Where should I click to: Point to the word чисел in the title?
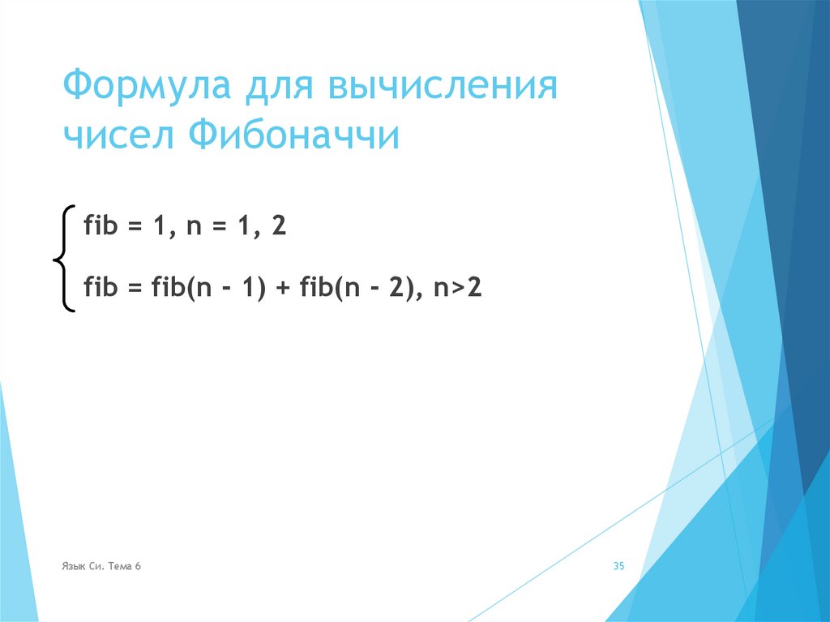[x=119, y=136]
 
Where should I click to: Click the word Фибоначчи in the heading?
[x=295, y=136]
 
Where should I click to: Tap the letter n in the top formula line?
[x=193, y=227]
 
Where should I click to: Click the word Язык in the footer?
[x=72, y=567]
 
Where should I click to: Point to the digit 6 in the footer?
[x=139, y=567]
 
